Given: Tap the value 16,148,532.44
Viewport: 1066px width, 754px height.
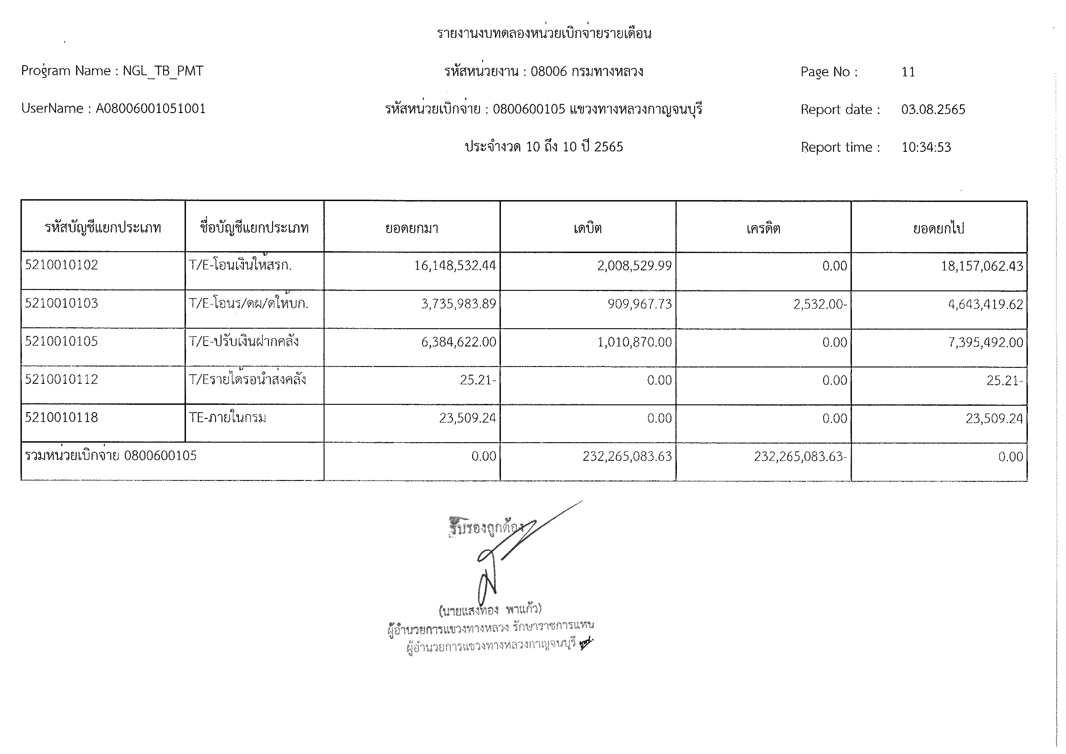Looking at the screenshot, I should coord(455,266).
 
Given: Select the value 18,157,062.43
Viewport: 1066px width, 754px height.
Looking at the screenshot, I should coord(982,266).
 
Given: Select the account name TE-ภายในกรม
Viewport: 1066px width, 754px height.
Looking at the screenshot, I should coord(228,418).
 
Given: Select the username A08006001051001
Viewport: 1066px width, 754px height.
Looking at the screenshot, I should coord(150,109).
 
